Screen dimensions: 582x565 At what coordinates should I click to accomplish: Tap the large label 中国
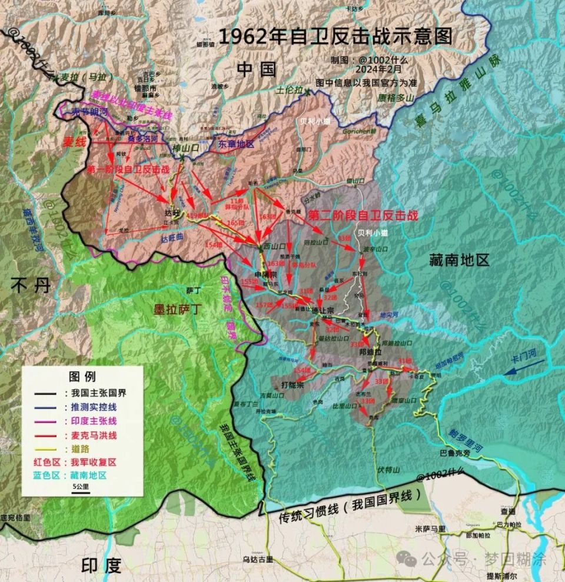click(257, 69)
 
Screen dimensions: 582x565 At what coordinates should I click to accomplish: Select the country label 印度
click(101, 566)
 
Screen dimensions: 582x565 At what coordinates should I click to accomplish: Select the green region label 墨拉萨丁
click(178, 308)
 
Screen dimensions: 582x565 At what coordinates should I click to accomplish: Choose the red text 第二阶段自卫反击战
click(358, 215)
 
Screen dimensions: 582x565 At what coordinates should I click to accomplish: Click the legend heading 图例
click(82, 376)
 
